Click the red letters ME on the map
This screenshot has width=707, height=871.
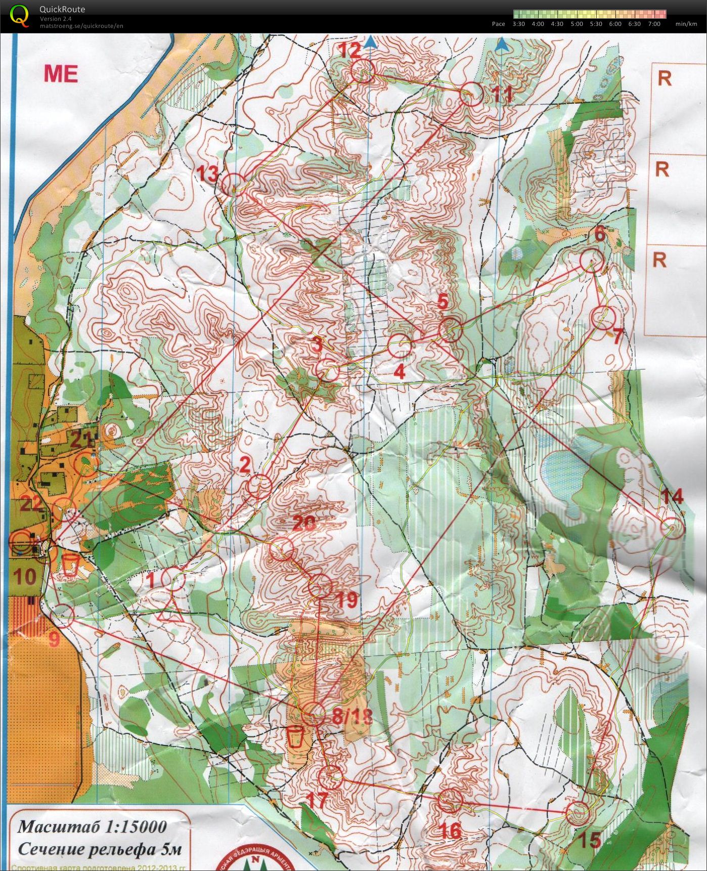(61, 74)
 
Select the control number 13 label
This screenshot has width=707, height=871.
(207, 174)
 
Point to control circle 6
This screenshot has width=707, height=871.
(591, 262)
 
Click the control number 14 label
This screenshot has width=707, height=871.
(672, 497)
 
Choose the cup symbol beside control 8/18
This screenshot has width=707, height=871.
(296, 736)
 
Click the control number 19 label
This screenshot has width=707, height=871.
(347, 600)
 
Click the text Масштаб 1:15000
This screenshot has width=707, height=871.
(92, 826)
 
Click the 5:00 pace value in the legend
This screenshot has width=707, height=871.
(577, 24)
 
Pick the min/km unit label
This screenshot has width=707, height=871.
(686, 24)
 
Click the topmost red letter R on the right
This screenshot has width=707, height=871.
(664, 78)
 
